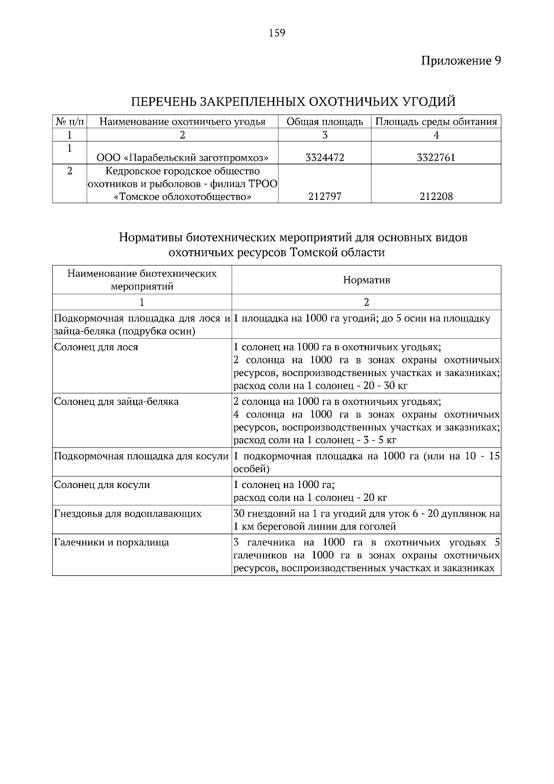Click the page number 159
click(277, 33)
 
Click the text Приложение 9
click(461, 61)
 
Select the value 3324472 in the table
click(325, 157)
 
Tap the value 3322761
click(436, 157)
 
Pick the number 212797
click(325, 197)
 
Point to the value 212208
click(436, 197)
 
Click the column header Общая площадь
click(325, 122)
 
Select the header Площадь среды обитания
click(436, 122)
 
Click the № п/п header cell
click(70, 122)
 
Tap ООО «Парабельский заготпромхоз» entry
click(182, 157)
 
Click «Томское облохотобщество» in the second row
click(182, 197)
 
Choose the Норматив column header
click(366, 280)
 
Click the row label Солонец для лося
click(96, 347)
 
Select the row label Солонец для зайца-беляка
click(116, 401)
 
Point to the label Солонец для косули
click(102, 485)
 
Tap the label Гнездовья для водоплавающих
click(128, 513)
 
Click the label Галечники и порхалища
click(112, 542)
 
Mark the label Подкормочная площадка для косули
click(141, 456)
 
